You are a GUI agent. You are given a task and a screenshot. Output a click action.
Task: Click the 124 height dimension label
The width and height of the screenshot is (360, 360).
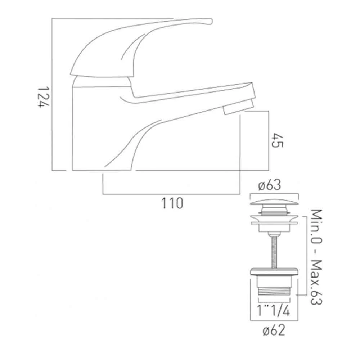click(43, 97)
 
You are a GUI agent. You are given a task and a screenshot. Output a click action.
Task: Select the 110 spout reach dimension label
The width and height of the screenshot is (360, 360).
click(172, 203)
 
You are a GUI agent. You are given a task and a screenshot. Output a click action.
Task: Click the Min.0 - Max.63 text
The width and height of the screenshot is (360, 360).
click(316, 257)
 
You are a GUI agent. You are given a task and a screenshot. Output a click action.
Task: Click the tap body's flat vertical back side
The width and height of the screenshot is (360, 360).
click(73, 130)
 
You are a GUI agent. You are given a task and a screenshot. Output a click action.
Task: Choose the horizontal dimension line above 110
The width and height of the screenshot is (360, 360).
click(172, 195)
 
